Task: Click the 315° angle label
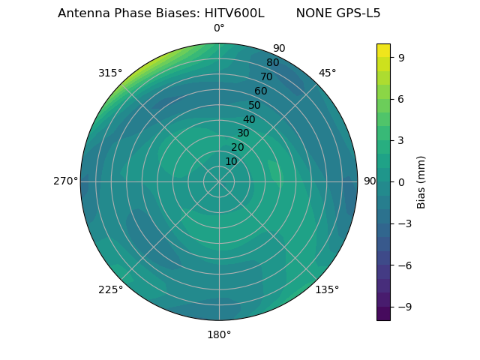tap(109, 73)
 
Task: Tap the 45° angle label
tap(327, 73)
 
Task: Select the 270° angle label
tap(65, 181)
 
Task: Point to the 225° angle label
tap(110, 290)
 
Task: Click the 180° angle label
tap(219, 334)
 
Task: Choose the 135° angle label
tap(327, 290)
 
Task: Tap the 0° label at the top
tap(219, 28)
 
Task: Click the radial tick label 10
tap(231, 161)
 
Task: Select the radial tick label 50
tap(255, 106)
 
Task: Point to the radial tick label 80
tap(273, 63)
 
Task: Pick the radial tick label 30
tap(243, 133)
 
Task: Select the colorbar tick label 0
tap(402, 181)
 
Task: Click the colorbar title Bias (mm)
tap(421, 181)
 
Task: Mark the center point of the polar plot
tap(219, 181)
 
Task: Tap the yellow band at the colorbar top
tap(383, 49)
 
